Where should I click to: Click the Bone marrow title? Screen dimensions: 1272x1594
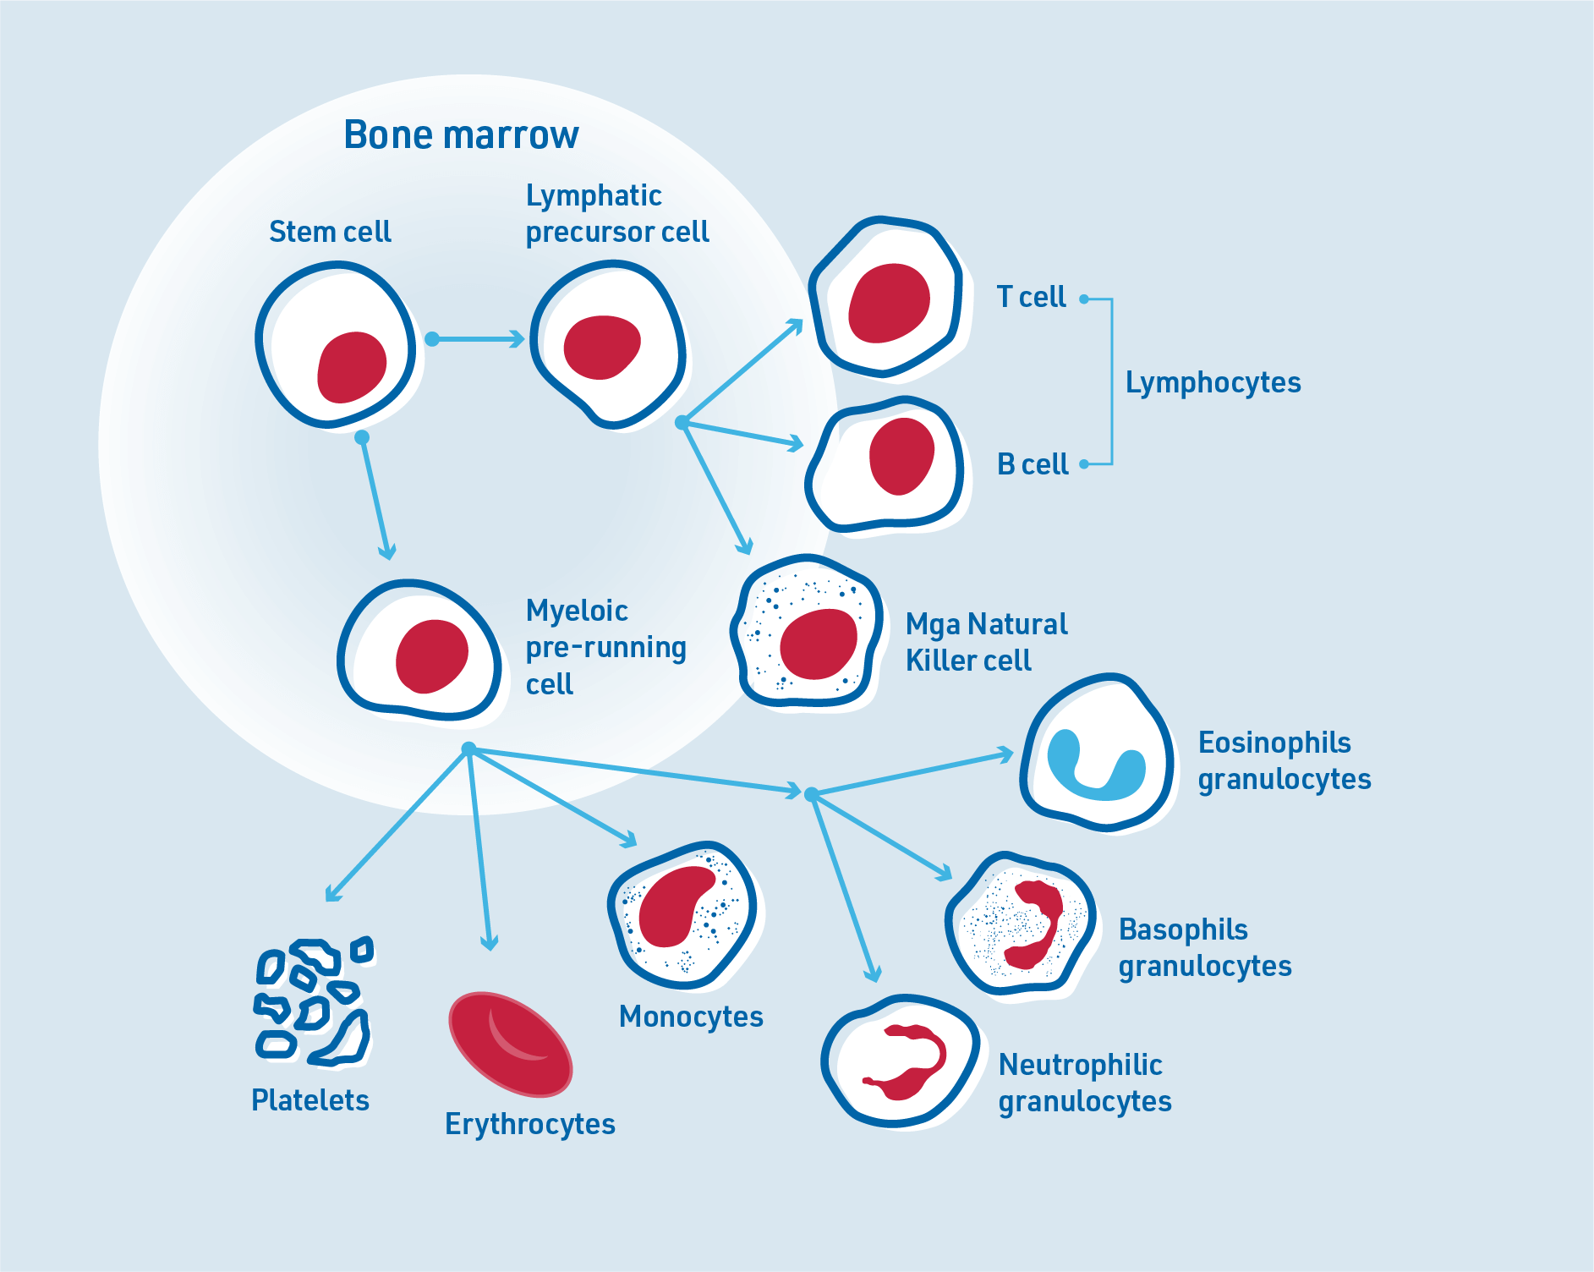[x=461, y=135]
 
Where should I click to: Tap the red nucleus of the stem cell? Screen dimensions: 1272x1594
[x=351, y=367]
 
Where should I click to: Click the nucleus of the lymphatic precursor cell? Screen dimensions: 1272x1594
[x=601, y=347]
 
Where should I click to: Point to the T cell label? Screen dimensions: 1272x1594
[x=1031, y=298]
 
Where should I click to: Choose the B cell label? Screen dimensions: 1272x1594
[x=1033, y=464]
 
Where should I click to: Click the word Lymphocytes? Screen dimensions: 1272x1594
[x=1213, y=382]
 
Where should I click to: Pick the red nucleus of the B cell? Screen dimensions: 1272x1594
[x=901, y=456]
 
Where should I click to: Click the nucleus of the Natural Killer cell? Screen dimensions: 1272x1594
[x=818, y=644]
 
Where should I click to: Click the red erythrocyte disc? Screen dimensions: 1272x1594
[x=510, y=1044]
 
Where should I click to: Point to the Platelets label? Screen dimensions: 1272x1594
[x=310, y=1100]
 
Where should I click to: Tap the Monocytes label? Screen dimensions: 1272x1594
[x=691, y=1017]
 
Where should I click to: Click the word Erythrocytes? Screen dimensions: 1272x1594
[x=530, y=1124]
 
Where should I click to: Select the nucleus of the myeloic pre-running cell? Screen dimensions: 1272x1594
[x=431, y=656]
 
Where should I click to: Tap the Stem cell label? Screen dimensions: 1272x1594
[x=330, y=232]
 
